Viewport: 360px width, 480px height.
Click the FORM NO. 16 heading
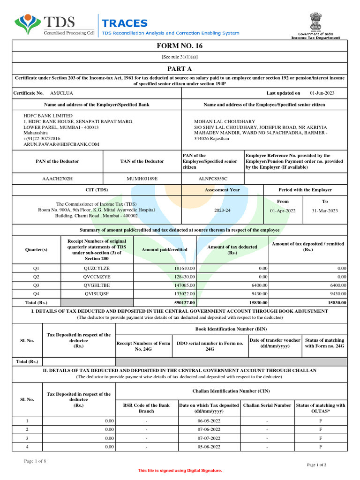(180, 46)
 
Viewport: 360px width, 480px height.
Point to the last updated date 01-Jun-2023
(322, 93)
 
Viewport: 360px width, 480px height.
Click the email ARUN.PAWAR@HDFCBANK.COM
(61, 144)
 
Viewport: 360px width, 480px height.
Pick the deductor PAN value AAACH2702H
(58, 179)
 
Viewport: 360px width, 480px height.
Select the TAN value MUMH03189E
(142, 179)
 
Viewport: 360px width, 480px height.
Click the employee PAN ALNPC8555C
(213, 179)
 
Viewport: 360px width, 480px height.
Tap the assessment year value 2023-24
(222, 210)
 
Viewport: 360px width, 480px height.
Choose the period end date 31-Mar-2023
(324, 210)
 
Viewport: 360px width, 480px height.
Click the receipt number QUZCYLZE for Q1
(97, 268)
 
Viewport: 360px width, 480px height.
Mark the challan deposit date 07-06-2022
(209, 429)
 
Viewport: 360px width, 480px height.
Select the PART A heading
(180, 68)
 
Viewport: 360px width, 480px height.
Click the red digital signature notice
(180, 470)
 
